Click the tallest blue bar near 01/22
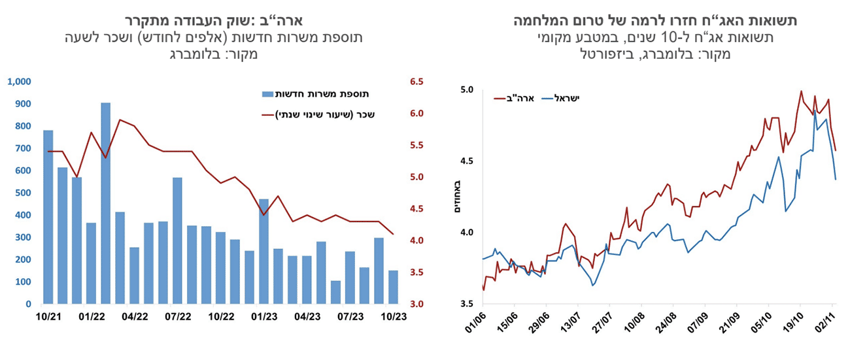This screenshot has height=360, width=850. pyautogui.click(x=106, y=203)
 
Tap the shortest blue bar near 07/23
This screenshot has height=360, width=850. pyautogui.click(x=335, y=292)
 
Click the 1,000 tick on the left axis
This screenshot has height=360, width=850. pyautogui.click(x=19, y=82)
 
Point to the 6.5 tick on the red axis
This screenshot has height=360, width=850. pyautogui.click(x=416, y=82)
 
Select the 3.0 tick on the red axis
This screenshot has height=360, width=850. pyautogui.click(x=416, y=304)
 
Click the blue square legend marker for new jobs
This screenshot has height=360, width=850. pyautogui.click(x=266, y=94)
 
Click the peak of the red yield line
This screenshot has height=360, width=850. pyautogui.click(x=801, y=91)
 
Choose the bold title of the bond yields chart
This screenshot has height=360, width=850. pyautogui.click(x=654, y=21)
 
